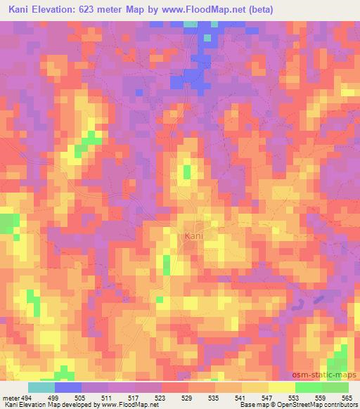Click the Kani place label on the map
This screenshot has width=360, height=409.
pos(193,236)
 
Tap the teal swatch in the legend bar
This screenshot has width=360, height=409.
pos(41,387)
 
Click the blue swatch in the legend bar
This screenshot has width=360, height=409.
pos(68,387)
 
